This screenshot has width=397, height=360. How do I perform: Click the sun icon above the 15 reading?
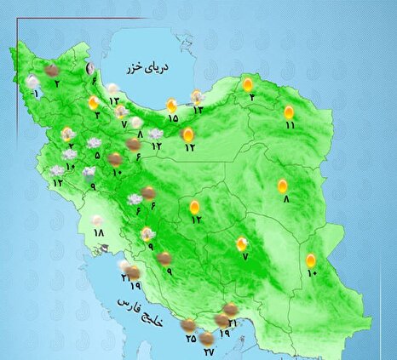(172, 105)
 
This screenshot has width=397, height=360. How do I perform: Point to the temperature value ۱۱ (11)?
(290, 125)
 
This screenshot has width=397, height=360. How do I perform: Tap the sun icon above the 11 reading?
(289, 111)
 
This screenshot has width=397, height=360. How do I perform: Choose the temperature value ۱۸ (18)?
(98, 232)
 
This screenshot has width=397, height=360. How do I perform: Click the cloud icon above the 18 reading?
(98, 220)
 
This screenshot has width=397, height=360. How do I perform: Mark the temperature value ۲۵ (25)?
(190, 338)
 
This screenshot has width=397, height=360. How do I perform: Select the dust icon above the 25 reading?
(187, 324)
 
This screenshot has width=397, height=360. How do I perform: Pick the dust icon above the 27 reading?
(206, 338)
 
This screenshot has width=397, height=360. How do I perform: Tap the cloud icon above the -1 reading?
(32, 82)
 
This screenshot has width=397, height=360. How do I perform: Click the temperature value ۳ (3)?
(99, 115)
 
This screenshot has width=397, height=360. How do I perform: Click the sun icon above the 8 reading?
(283, 186)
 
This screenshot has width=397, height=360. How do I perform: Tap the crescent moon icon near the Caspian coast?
(90, 70)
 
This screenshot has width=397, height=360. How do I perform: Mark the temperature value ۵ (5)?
(97, 156)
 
